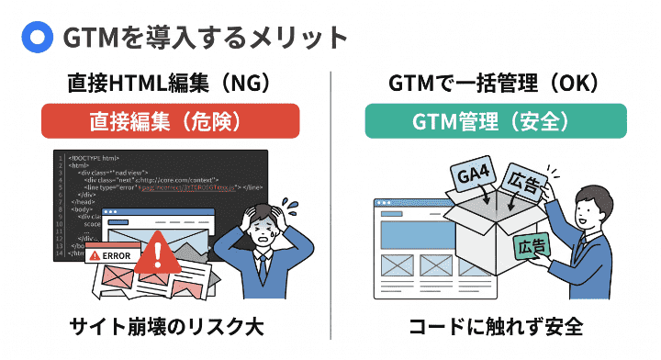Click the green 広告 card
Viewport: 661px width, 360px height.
point(532,247)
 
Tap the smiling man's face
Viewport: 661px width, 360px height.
point(588,208)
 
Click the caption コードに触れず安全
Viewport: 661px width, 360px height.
point(495,327)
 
